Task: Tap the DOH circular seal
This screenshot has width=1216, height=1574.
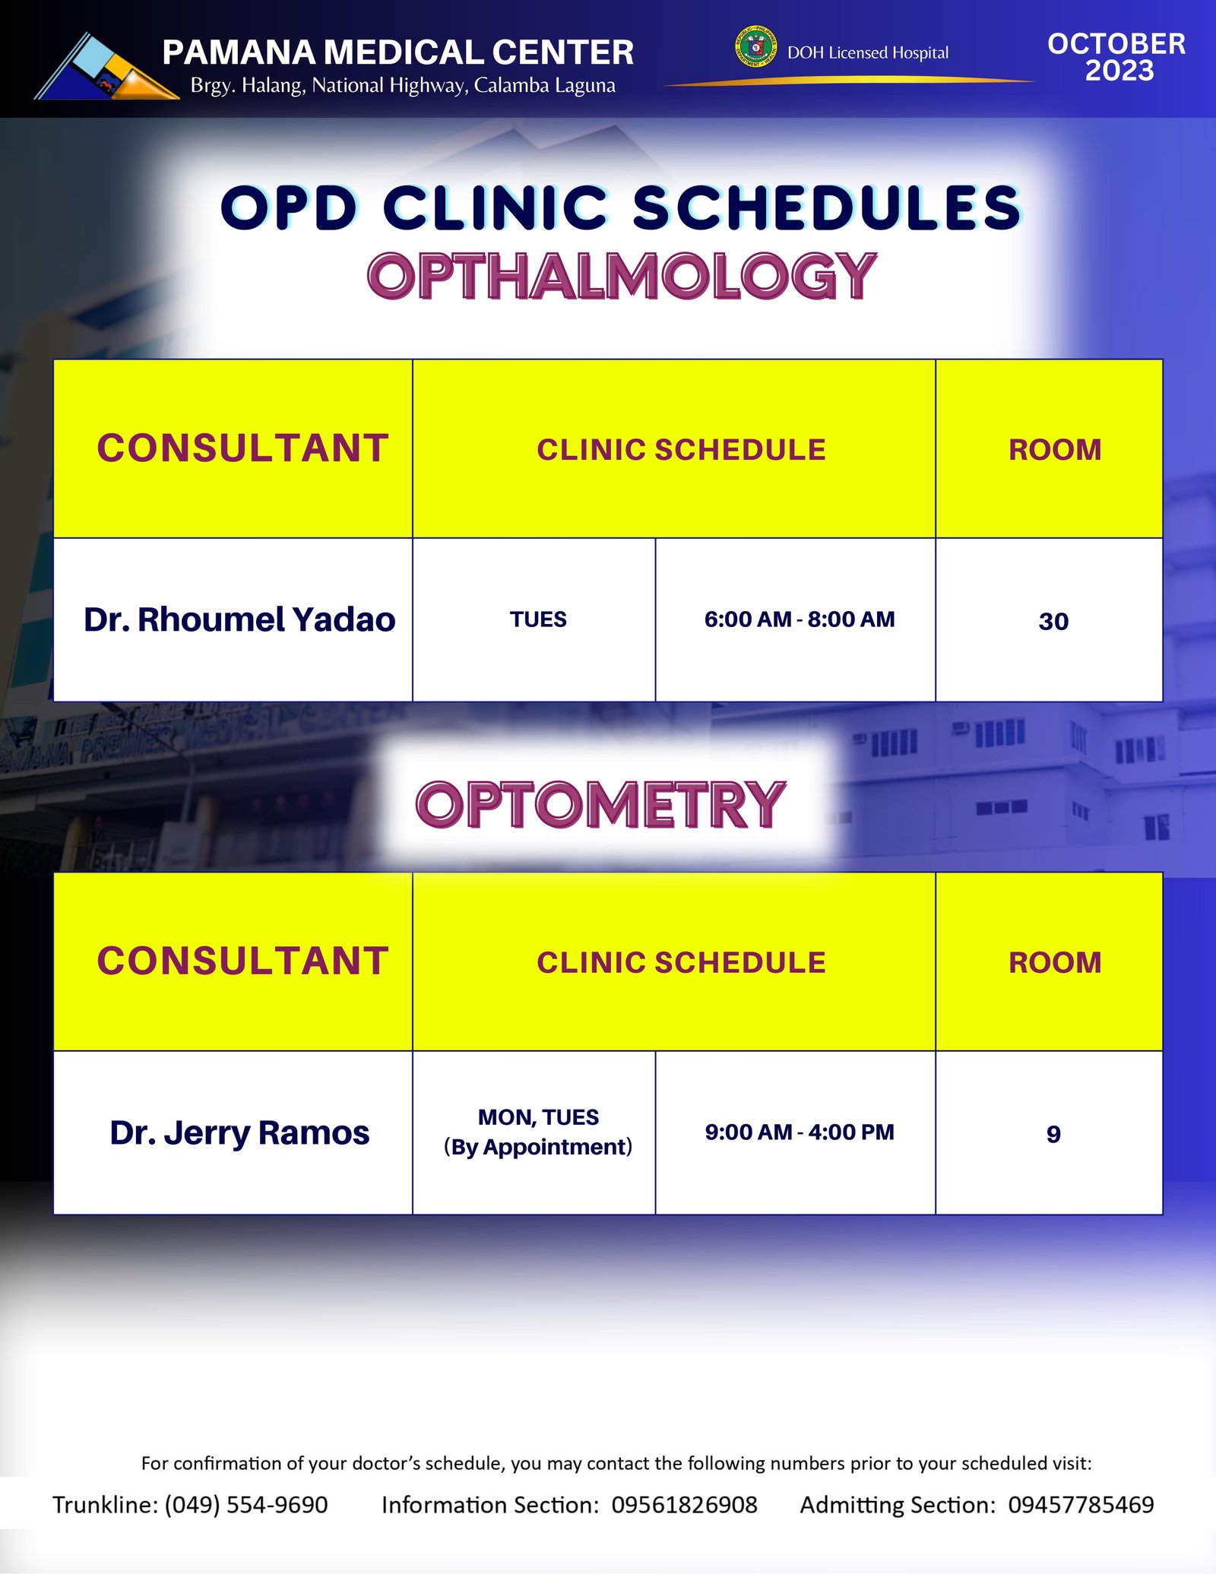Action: click(755, 47)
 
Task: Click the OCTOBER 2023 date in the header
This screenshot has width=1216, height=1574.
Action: click(1116, 57)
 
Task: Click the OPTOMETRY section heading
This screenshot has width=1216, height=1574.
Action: click(600, 804)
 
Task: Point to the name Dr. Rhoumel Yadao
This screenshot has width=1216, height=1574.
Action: click(239, 619)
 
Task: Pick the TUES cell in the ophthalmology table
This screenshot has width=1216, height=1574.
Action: click(538, 619)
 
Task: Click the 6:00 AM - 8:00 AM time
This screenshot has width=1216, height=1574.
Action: click(800, 619)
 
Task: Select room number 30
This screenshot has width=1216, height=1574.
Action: click(1053, 621)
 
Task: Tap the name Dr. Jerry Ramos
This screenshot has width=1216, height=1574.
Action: click(239, 1132)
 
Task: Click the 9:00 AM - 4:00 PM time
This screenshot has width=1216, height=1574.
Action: click(800, 1132)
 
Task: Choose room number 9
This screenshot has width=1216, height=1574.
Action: click(1053, 1134)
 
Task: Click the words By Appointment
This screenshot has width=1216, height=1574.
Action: click(538, 1147)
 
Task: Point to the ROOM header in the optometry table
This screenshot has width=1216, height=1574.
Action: click(1055, 962)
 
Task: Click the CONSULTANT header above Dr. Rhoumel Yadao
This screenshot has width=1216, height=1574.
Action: click(242, 448)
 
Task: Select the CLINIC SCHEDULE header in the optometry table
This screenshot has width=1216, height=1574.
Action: click(681, 962)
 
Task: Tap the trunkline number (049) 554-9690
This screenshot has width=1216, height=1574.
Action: click(246, 1505)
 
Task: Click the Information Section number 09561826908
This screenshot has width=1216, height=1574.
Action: click(685, 1505)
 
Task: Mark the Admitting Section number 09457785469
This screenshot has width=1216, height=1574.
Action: click(1081, 1505)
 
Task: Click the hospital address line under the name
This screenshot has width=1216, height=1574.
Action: click(403, 85)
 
